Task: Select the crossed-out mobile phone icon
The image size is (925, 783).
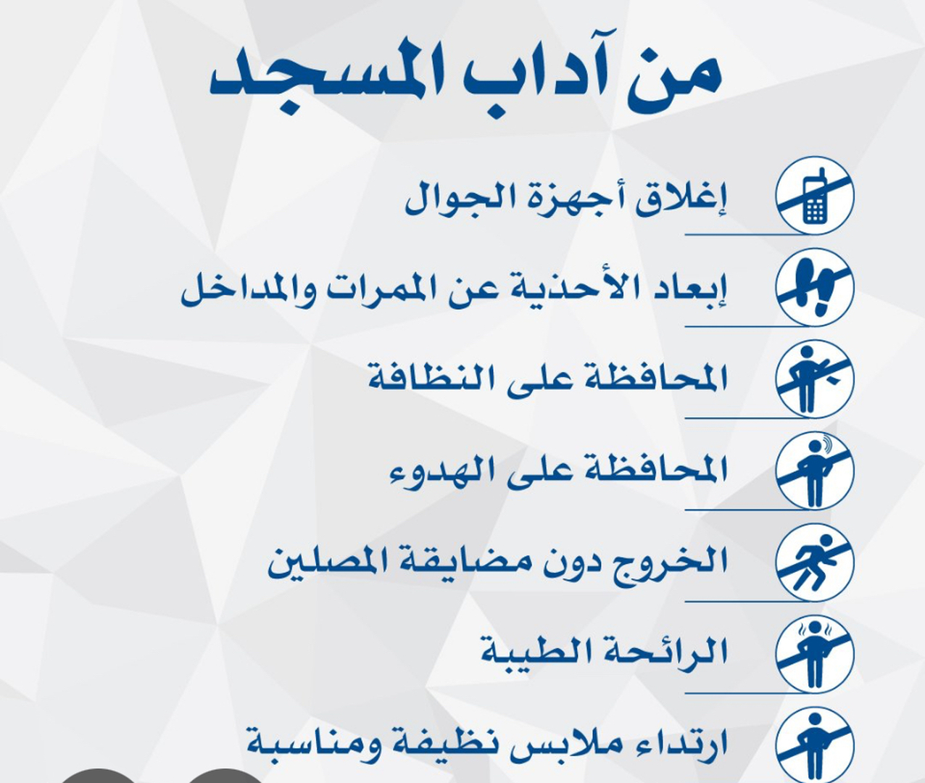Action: pos(815,196)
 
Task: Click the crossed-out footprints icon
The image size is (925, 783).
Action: pos(815,287)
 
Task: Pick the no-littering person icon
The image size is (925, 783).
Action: pos(815,378)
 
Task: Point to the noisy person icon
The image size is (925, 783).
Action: pos(815,471)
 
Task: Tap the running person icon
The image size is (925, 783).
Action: pos(815,562)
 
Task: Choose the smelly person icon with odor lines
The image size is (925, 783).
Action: pos(815,653)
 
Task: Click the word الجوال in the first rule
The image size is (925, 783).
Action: pos(446,199)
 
